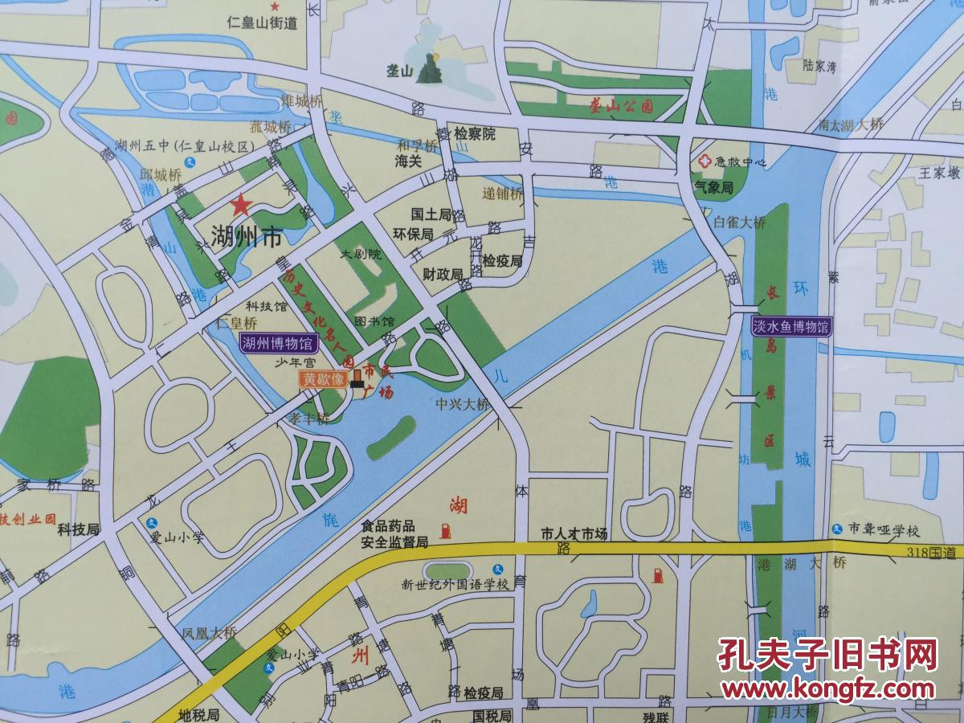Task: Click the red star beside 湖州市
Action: pyautogui.click(x=239, y=206)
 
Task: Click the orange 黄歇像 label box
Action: pyautogui.click(x=323, y=378)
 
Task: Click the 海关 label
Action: pyautogui.click(x=409, y=161)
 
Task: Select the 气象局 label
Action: pyautogui.click(x=714, y=187)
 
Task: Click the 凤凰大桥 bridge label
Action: pyautogui.click(x=209, y=632)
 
